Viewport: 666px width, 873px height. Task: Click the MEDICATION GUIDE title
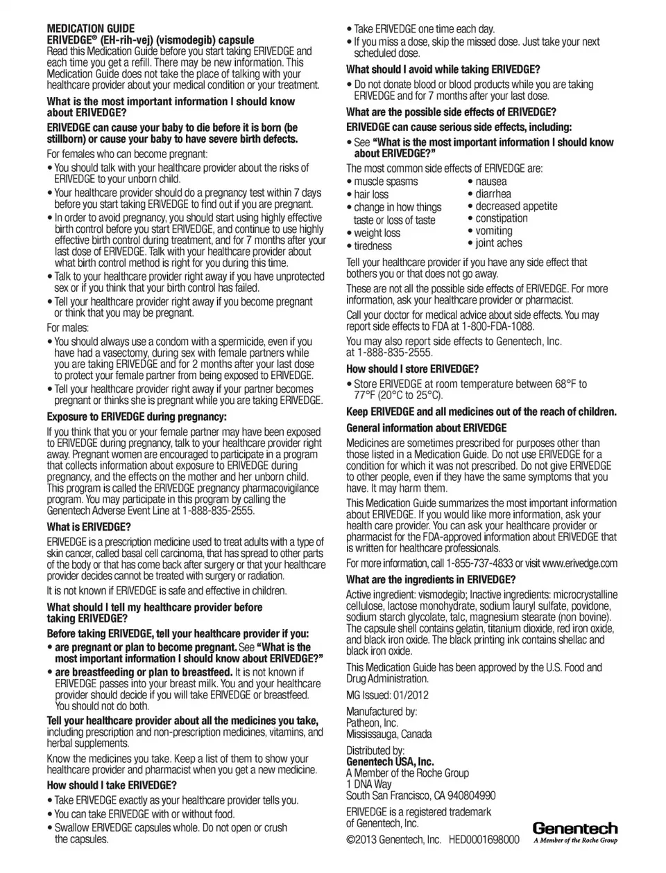[91, 29]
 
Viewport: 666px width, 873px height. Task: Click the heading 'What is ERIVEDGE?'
[89, 527]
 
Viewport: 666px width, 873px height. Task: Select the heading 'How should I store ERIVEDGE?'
[412, 369]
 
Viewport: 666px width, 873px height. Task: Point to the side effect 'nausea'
[491, 182]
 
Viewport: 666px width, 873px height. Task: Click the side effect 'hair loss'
[371, 195]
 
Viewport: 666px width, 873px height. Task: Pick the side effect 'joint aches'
[499, 243]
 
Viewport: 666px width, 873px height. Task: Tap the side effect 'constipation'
[502, 218]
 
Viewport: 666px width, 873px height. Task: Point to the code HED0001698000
[484, 840]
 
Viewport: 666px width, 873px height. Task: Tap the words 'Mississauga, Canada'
[388, 734]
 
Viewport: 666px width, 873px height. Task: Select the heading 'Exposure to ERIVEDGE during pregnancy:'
[137, 417]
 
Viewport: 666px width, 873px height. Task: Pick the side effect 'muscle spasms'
[386, 182]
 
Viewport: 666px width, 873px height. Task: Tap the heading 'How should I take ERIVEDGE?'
[112, 785]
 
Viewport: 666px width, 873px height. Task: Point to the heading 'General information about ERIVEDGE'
[427, 428]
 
